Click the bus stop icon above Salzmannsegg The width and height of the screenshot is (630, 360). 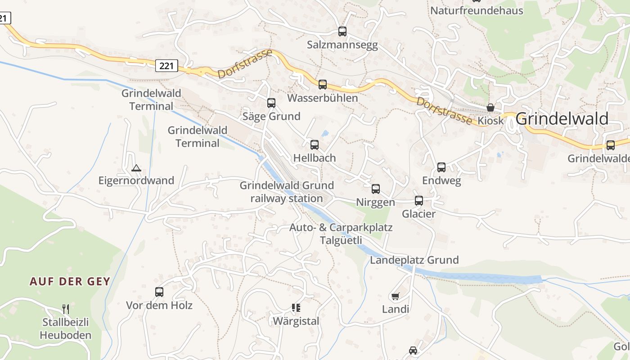(342, 31)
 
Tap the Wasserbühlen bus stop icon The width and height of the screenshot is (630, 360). (322, 85)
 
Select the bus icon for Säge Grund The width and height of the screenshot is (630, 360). (271, 103)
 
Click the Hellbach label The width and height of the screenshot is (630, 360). (315, 158)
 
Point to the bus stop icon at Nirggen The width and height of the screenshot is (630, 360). (375, 189)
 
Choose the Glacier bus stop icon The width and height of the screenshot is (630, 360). (418, 201)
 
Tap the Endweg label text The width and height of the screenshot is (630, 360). (441, 181)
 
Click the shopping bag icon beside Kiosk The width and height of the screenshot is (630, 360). (490, 108)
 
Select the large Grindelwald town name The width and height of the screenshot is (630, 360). (562, 119)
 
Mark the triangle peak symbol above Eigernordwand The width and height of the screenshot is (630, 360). (136, 168)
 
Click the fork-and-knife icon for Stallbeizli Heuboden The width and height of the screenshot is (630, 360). (66, 309)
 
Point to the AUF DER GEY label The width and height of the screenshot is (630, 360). (70, 282)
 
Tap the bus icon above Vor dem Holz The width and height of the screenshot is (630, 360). (159, 292)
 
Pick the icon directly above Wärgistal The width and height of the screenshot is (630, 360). (296, 308)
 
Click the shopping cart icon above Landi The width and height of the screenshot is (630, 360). (395, 296)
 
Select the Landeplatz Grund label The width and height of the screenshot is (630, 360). (414, 260)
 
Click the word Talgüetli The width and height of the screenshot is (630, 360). (341, 240)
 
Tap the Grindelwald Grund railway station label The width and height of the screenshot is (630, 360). (287, 192)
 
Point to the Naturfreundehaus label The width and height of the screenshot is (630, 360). (477, 10)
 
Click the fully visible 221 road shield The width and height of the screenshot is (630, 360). (166, 66)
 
